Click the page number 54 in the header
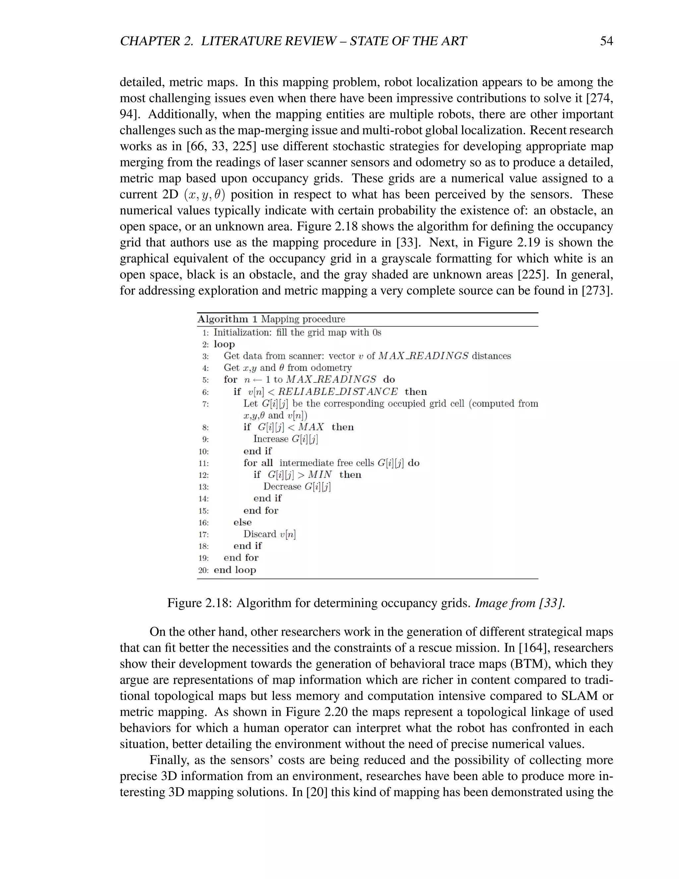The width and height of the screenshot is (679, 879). tap(606, 41)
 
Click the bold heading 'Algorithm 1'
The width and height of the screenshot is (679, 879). tap(227, 319)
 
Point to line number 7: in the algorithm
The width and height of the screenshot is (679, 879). tap(205, 404)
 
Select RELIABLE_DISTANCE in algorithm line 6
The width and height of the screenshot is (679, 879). tap(338, 392)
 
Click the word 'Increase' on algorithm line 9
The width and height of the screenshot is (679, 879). tap(271, 439)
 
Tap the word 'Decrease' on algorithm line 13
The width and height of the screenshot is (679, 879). tap(282, 487)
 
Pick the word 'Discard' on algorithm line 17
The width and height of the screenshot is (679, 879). tap(260, 534)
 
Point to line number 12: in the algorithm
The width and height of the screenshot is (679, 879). tap(204, 475)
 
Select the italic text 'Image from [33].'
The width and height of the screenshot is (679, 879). tap(520, 603)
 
